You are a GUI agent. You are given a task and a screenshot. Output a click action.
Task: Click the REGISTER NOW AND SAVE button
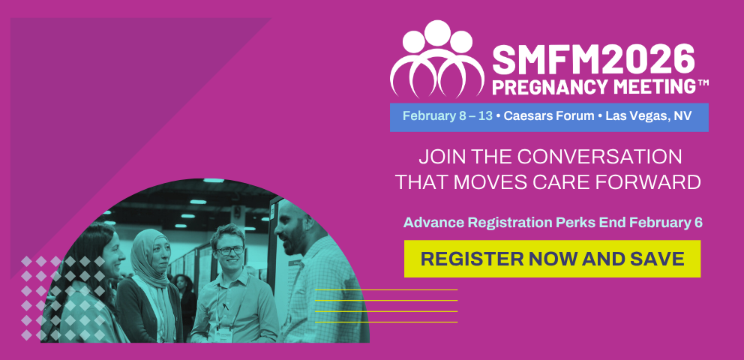(552, 259)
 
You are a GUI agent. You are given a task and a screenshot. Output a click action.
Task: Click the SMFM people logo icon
(436, 58)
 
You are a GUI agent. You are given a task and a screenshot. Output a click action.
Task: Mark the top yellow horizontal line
(385, 289)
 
